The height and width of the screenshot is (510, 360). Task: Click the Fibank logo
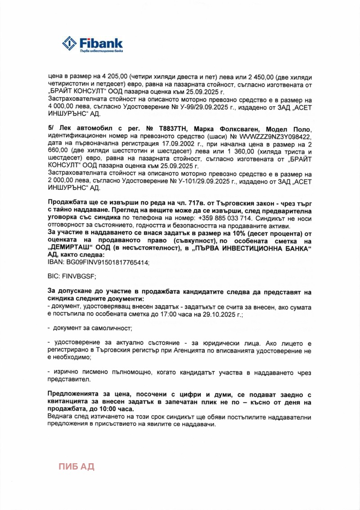pos(93,44)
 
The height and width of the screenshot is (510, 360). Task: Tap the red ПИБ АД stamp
pos(76,466)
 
